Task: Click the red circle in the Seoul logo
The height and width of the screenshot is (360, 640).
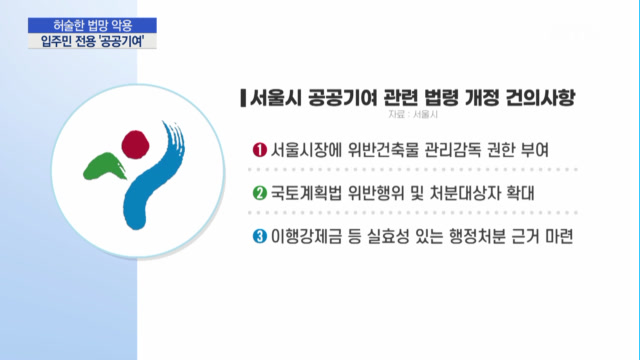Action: pyautogui.click(x=136, y=144)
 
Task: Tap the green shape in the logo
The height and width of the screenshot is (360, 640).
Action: pyautogui.click(x=105, y=166)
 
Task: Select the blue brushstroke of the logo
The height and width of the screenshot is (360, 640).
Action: pyautogui.click(x=153, y=176)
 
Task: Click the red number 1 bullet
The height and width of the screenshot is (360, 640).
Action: pyautogui.click(x=260, y=150)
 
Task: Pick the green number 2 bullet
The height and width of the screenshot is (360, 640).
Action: pyautogui.click(x=260, y=193)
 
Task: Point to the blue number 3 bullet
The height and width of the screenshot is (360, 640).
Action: pyautogui.click(x=260, y=236)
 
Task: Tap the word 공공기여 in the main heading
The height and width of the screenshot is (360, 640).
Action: pyautogui.click(x=343, y=98)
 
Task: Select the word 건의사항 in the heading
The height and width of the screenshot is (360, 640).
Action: pyautogui.click(x=540, y=98)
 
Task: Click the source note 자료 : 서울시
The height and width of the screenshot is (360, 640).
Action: pyautogui.click(x=413, y=115)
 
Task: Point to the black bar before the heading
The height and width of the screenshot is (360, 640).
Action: pyautogui.click(x=243, y=98)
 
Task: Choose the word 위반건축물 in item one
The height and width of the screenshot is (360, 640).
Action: pyautogui.click(x=383, y=150)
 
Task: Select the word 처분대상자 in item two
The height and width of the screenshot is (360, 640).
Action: pyautogui.click(x=465, y=193)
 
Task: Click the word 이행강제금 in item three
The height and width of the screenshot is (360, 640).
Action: pyautogui.click(x=306, y=237)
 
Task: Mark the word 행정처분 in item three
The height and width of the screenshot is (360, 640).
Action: pyautogui.click(x=477, y=237)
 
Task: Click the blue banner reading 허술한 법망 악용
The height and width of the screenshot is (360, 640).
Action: pyautogui.click(x=92, y=25)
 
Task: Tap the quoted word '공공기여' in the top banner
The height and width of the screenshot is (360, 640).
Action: pyautogui.click(x=121, y=41)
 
